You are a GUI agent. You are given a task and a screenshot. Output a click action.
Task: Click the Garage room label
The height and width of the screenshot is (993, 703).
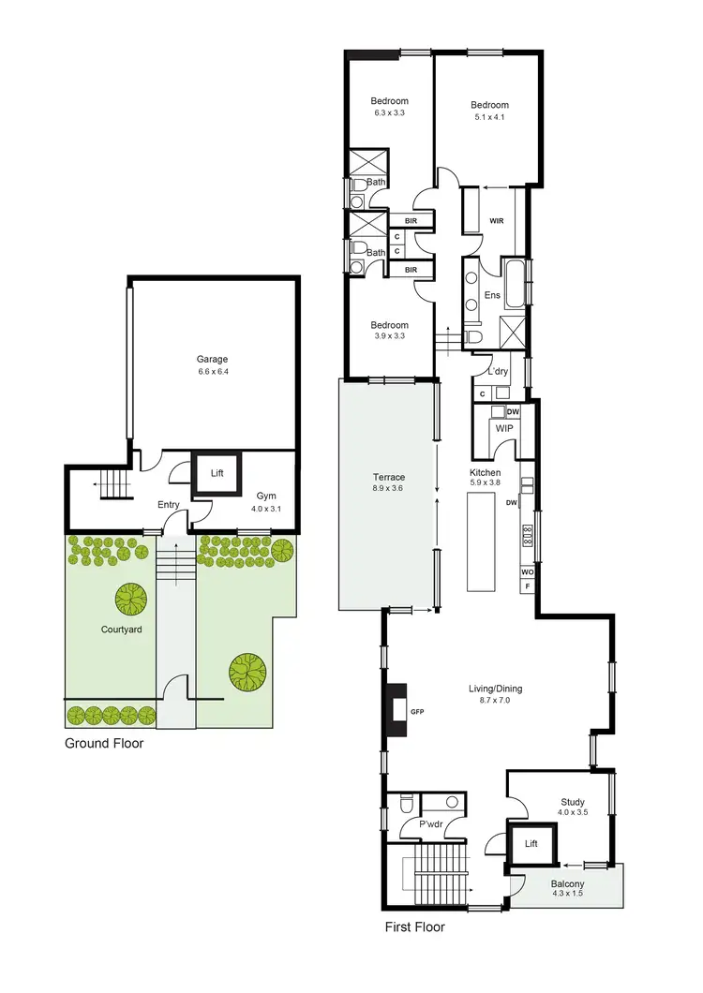coord(212,359)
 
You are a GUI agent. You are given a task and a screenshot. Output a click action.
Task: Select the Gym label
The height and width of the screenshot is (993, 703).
coord(266,496)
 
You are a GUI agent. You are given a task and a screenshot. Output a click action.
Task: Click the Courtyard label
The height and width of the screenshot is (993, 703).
coord(121,630)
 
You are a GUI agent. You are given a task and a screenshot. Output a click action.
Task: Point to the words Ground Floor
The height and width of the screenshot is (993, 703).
coord(103,744)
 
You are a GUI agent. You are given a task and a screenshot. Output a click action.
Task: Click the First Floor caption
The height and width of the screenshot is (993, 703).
coord(415,927)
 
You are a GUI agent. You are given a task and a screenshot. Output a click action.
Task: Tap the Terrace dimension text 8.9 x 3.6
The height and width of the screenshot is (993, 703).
coord(388,488)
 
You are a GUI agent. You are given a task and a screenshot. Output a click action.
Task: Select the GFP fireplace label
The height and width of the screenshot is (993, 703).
coord(418,713)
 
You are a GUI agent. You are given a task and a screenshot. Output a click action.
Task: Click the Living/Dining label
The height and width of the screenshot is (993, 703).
coord(495,689)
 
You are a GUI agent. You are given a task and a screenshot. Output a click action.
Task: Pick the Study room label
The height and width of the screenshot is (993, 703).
coord(573,802)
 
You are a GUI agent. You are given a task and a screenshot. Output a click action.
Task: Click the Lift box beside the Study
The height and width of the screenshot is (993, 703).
coord(531,843)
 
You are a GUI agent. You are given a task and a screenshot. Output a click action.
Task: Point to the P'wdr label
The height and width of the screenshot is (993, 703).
coord(430,824)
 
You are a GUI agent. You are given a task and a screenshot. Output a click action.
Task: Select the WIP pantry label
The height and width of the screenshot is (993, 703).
coord(504,428)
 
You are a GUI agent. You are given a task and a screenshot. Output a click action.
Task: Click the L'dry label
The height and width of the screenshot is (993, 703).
coord(497,372)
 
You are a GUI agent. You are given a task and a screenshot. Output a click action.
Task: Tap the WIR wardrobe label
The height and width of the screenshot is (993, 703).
coord(497,222)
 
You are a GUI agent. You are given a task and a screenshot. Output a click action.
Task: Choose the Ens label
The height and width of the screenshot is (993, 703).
coord(492,295)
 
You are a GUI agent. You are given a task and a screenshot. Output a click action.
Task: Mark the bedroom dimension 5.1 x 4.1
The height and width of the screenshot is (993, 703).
coord(489,117)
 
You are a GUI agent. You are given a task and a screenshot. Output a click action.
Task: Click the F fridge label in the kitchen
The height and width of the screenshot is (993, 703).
coord(528,585)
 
